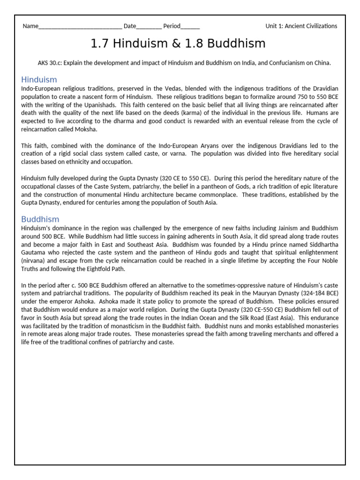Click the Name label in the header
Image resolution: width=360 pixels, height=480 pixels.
(x=30, y=26)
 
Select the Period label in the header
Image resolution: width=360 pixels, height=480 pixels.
(x=172, y=26)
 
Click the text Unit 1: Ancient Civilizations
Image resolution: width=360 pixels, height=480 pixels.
(x=301, y=26)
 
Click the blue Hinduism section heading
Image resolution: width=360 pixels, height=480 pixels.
(x=39, y=80)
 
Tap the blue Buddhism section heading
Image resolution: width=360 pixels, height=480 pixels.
(x=40, y=219)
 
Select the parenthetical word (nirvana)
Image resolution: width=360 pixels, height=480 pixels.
(x=36, y=261)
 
